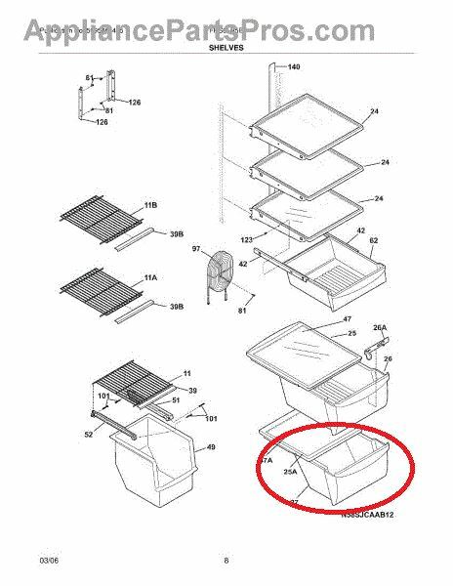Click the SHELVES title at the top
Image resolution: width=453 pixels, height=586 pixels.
click(x=226, y=46)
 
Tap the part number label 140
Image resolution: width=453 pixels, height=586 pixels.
click(x=294, y=67)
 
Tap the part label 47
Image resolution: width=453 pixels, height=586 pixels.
click(x=347, y=318)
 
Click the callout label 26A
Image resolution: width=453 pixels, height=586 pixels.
click(x=380, y=327)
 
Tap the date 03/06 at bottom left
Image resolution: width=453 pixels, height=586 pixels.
click(x=22, y=561)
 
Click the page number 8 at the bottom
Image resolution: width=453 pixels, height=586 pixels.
click(x=226, y=561)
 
